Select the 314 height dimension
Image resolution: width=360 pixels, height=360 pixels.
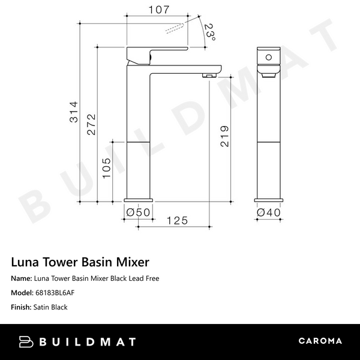coord(74,112)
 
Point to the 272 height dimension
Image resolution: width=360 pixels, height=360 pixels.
coord(91,125)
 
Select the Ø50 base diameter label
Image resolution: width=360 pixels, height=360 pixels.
coord(137,211)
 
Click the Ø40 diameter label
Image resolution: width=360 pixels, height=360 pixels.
coord(268,211)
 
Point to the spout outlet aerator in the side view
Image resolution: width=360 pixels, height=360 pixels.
coord(209,75)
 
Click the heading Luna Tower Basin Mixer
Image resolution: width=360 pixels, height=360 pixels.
coord(80,262)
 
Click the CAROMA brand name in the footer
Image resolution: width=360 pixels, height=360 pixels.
coord(320,341)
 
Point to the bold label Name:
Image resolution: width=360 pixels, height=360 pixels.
coord(21,278)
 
